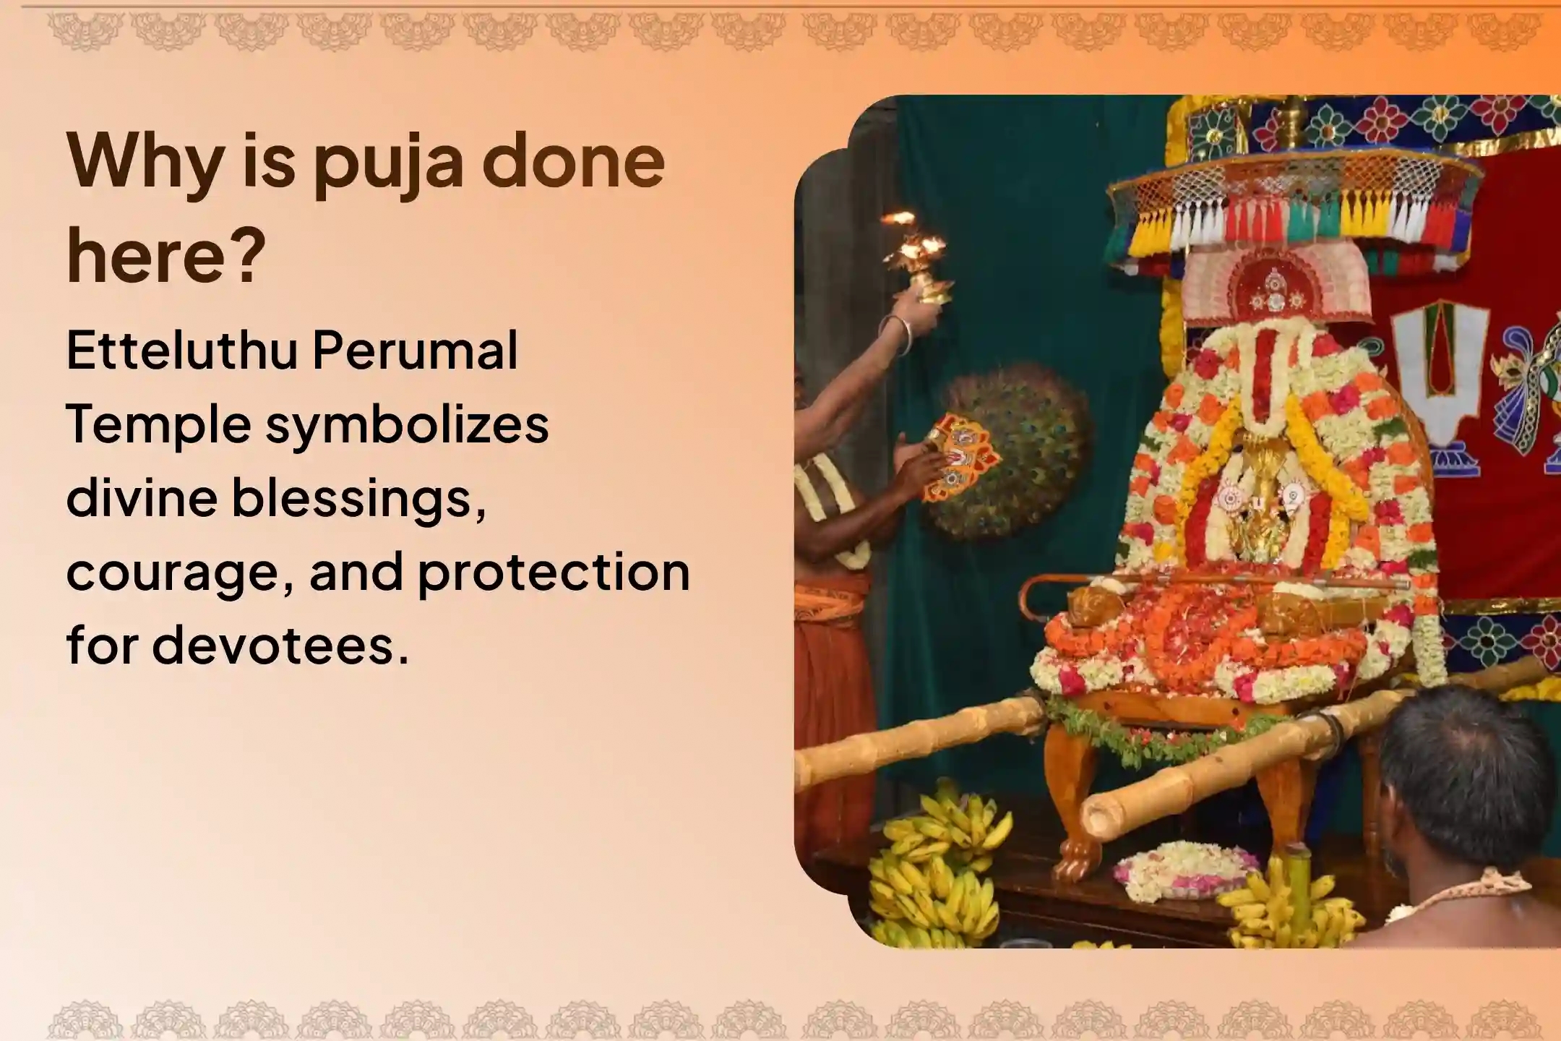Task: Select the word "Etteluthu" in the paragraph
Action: [x=182, y=352]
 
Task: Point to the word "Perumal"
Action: [x=416, y=352]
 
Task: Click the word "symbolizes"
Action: [x=407, y=426]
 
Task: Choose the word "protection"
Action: [x=554, y=572]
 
